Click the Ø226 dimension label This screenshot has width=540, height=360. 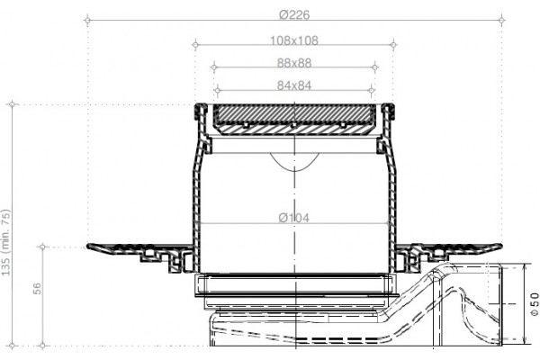[294, 14]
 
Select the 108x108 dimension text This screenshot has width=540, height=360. [294, 40]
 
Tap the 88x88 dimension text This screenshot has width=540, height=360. [294, 63]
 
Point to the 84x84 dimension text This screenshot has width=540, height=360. [294, 85]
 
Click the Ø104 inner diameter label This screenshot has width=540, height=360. [293, 218]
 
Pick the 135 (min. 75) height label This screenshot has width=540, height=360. [6, 242]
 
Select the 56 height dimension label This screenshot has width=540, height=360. [37, 289]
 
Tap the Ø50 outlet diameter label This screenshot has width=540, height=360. [534, 303]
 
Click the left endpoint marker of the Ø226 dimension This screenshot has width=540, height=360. [87, 21]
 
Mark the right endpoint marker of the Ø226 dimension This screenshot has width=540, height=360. [501, 21]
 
